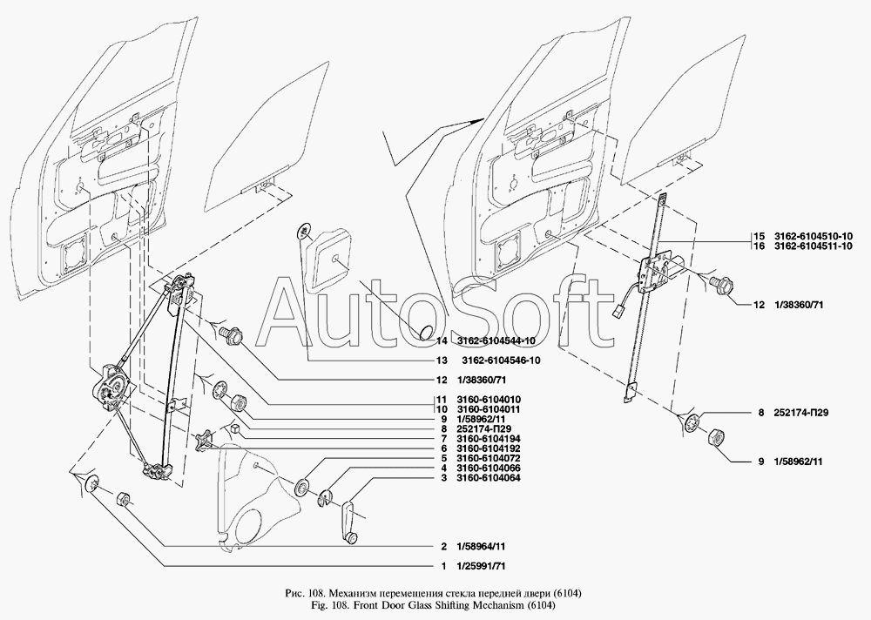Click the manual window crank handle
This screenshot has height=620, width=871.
click(350, 522)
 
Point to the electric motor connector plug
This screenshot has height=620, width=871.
click(618, 313)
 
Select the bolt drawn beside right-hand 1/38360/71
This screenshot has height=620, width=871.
click(721, 285)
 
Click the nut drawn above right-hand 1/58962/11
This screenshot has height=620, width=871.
click(715, 437)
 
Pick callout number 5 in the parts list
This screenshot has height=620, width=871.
click(444, 458)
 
